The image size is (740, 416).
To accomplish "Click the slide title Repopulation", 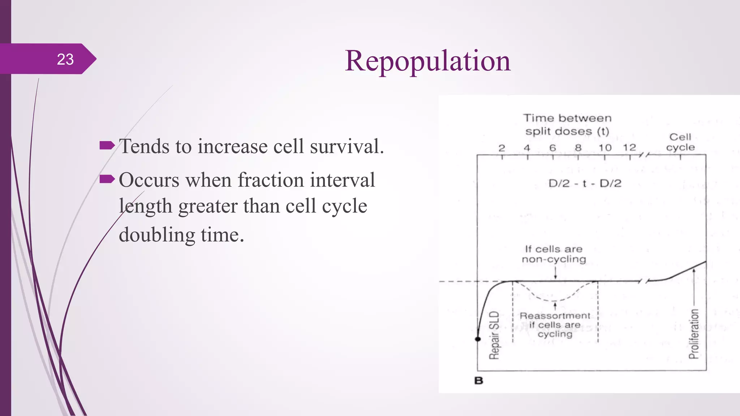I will pos(427,61).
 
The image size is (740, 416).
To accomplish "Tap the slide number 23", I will pos(65,59).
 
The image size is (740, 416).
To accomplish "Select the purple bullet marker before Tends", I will pos(107,146).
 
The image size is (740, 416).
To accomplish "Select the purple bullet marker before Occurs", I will pos(107,179).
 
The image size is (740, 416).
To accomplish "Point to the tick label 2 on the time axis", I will pos(502,148).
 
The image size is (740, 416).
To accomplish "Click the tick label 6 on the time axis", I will pos(552,148).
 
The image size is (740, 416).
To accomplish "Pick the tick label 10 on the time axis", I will pos(605,148).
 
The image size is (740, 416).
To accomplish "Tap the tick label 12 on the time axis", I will pos(629,148).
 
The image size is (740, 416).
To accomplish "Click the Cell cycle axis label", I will pos(680,142).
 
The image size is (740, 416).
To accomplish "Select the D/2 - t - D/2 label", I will pos(585,183).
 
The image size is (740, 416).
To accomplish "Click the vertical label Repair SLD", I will pos(494,335).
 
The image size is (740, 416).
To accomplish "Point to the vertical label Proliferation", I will pos(694,334).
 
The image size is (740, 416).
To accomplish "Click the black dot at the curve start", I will pos(478,339).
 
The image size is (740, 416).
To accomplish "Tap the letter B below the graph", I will pos(479,381).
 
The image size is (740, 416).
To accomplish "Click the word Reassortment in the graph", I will pos(555,316).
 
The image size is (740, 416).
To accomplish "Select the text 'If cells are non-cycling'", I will pos(554,254).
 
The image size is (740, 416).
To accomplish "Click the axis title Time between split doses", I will pos(567,125).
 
